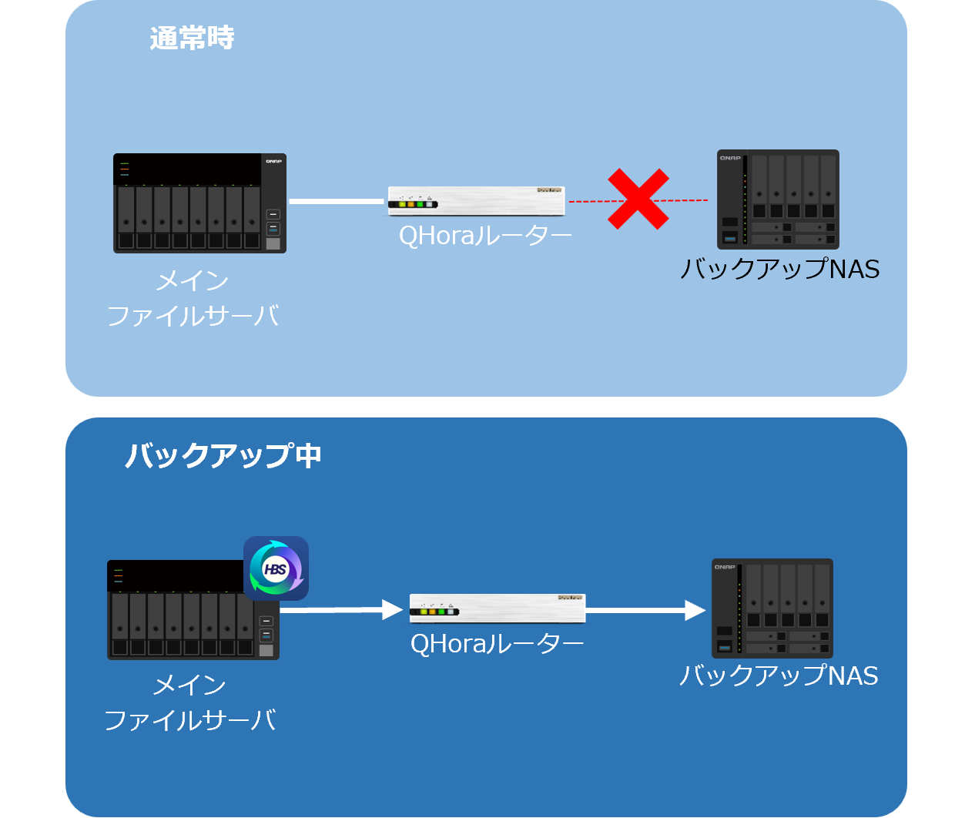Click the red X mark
click(638, 199)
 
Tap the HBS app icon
click(276, 568)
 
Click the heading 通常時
click(192, 38)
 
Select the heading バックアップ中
click(223, 455)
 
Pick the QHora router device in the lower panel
click(498, 608)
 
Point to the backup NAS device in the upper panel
click(778, 199)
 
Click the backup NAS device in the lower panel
click(772, 608)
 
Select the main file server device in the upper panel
click(199, 203)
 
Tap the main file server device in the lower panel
click(193, 610)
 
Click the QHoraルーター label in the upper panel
click(485, 235)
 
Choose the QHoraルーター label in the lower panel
click(497, 643)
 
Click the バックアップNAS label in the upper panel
click(779, 269)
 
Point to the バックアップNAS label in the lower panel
click(778, 676)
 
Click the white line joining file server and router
click(336, 202)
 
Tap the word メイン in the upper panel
click(193, 281)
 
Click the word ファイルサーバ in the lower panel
click(189, 720)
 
